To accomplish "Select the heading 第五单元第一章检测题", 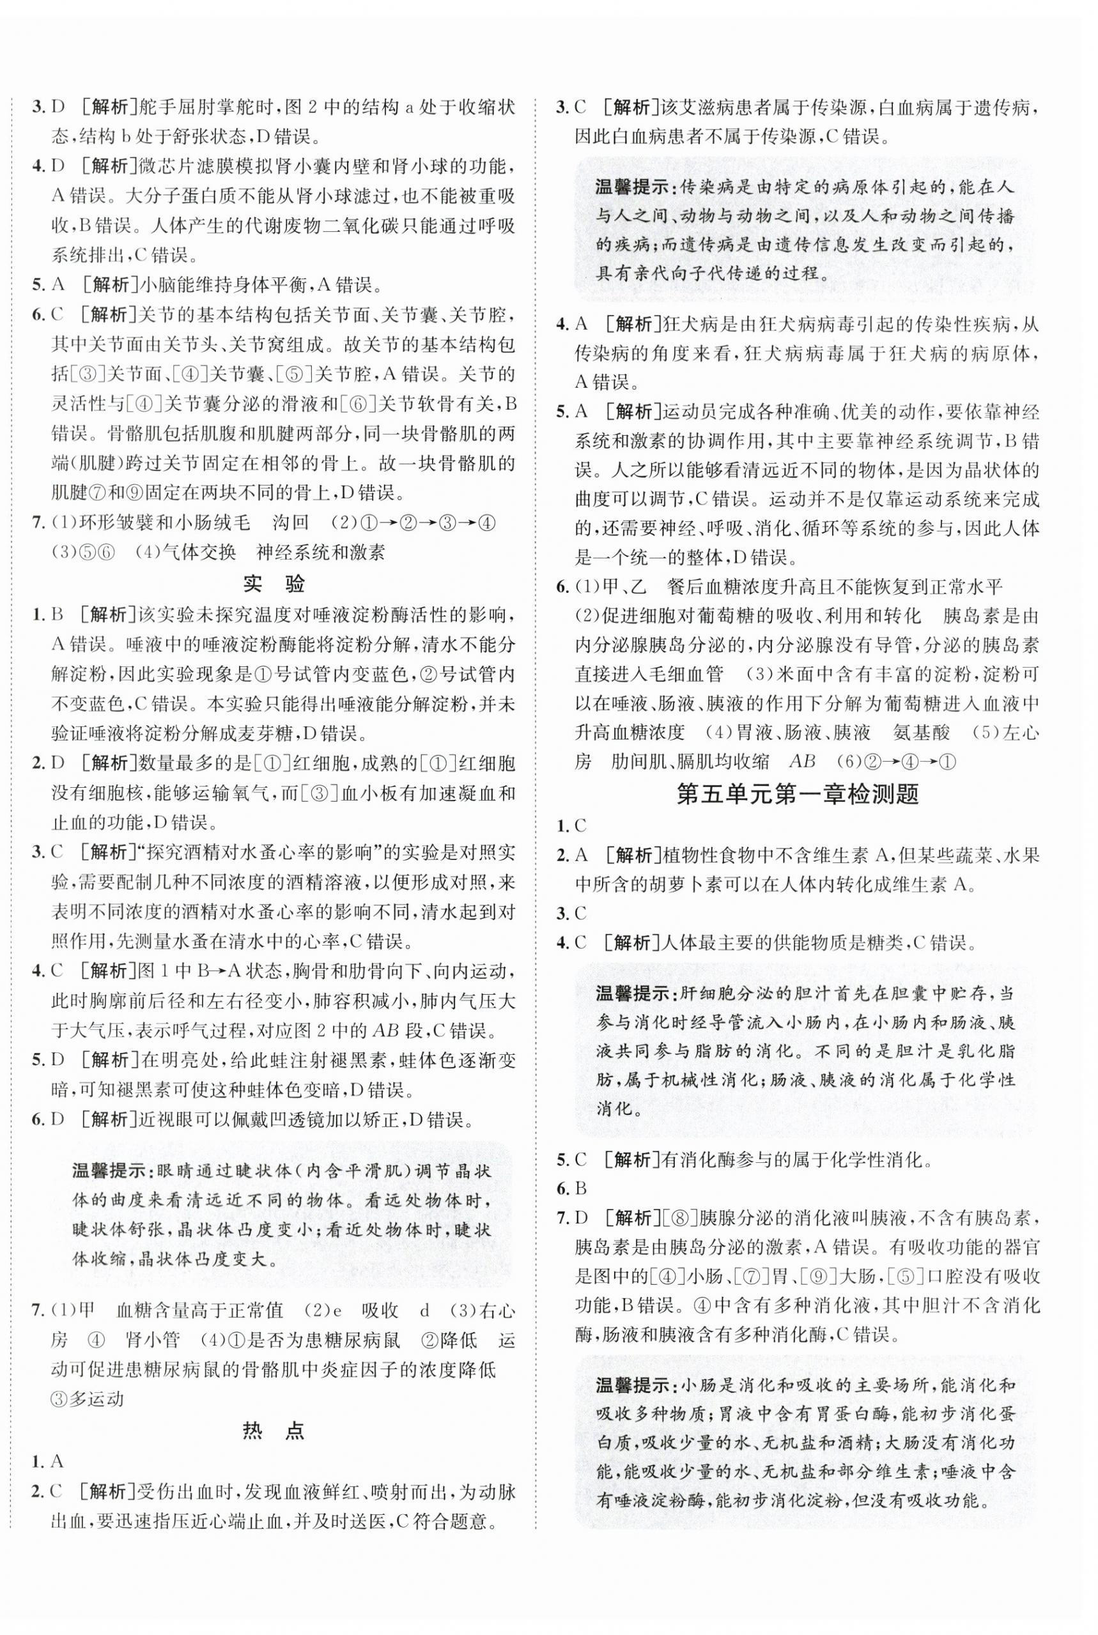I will (798, 794).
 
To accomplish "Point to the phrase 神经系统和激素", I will (320, 552).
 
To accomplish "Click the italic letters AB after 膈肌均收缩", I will (803, 762).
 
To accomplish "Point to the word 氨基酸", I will (922, 732).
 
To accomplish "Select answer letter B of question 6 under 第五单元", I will (580, 1188).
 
